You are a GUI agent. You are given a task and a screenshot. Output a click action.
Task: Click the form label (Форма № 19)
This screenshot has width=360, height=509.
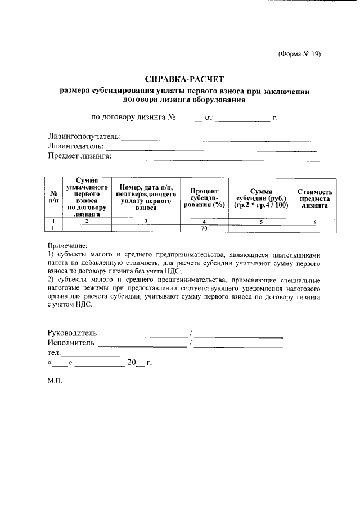(299, 54)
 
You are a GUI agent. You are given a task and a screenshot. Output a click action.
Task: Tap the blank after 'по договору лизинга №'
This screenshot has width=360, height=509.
(190, 119)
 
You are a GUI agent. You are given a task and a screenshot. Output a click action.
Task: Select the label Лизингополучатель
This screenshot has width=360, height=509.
(84, 137)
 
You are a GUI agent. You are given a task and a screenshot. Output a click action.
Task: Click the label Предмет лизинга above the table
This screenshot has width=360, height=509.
(79, 156)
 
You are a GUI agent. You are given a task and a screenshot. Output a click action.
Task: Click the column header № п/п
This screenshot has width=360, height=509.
(54, 196)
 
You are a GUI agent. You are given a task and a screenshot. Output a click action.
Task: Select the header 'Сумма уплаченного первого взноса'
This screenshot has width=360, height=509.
(87, 196)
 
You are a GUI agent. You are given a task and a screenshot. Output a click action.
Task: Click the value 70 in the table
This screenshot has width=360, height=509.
(204, 229)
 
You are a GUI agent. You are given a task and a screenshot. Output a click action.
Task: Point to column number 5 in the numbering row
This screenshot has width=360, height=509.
(262, 222)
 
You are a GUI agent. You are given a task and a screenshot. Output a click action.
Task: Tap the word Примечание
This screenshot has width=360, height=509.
(67, 246)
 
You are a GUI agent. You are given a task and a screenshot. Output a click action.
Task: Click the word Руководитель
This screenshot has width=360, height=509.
(73, 333)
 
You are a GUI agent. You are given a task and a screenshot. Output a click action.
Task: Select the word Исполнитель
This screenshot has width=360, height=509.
(71, 343)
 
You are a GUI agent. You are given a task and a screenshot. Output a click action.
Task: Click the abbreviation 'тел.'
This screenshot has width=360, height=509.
(53, 353)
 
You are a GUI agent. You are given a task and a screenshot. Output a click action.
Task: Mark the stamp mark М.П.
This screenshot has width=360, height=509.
(55, 380)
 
